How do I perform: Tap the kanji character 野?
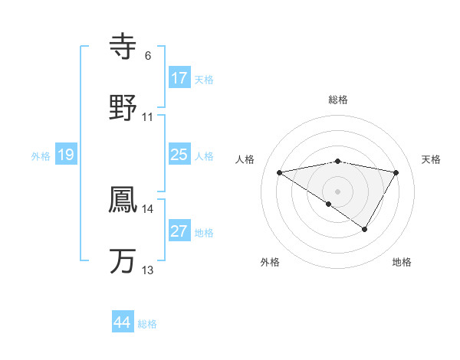click(123, 107)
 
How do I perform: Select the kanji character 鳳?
click(123, 198)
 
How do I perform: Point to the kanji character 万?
click(123, 260)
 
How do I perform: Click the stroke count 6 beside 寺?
click(148, 56)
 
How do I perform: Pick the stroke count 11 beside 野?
click(148, 117)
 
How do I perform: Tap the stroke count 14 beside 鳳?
click(148, 208)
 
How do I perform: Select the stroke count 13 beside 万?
click(148, 270)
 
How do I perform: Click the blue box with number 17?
click(179, 78)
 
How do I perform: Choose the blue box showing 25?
click(179, 155)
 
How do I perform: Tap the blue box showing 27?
click(179, 231)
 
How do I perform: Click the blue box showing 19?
click(65, 155)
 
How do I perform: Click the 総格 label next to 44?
click(147, 324)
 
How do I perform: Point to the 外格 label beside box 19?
click(41, 156)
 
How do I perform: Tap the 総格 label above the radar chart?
click(338, 100)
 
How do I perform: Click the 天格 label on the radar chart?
click(432, 159)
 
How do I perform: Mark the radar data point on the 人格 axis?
click(280, 172)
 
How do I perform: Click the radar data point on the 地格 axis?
click(365, 228)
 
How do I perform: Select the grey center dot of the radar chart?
click(338, 191)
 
